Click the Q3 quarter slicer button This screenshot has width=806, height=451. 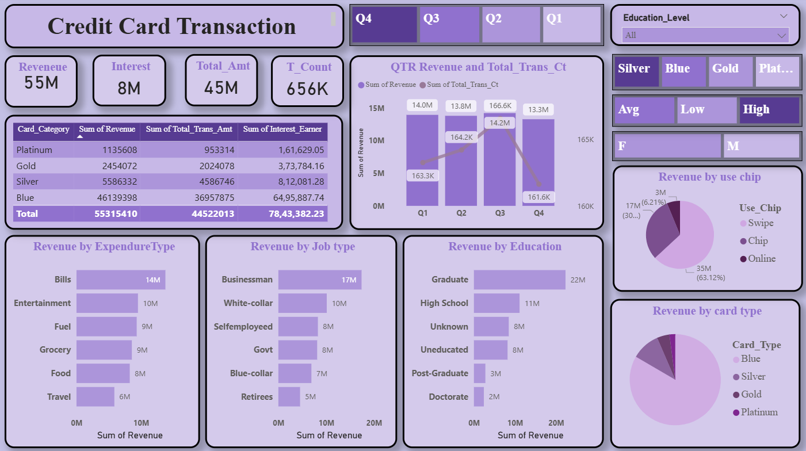coord(449,24)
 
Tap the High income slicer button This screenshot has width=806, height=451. coord(769,110)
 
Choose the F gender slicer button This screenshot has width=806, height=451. coord(667,146)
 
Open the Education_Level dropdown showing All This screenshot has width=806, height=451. coord(705,35)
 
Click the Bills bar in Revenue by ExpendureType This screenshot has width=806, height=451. coord(121,280)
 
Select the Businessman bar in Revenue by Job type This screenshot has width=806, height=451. coord(320,280)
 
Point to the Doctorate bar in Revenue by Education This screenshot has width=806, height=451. coord(479,396)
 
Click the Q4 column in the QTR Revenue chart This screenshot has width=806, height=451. coord(538,162)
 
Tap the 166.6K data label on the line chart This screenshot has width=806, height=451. coord(500,106)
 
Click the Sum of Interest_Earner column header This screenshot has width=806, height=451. coord(282,129)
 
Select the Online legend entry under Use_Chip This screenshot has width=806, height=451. coord(762,258)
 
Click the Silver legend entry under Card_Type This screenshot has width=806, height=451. coord(753,376)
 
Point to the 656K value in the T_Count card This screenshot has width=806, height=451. coord(307,88)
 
